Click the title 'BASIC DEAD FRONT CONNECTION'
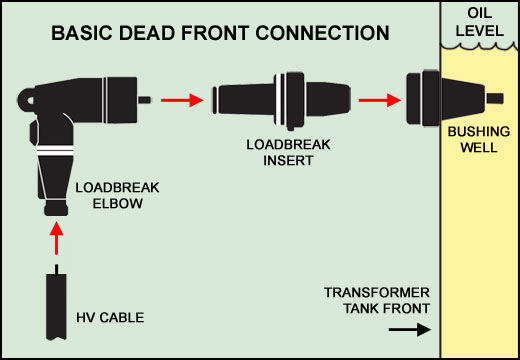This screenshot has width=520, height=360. (x=220, y=34)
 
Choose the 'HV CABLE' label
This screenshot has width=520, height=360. (x=112, y=318)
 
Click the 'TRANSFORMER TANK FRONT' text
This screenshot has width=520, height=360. (x=376, y=300)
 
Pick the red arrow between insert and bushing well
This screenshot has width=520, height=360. (x=375, y=99)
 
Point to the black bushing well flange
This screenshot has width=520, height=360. (x=420, y=98)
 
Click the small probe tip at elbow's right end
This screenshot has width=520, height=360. (x=146, y=99)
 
